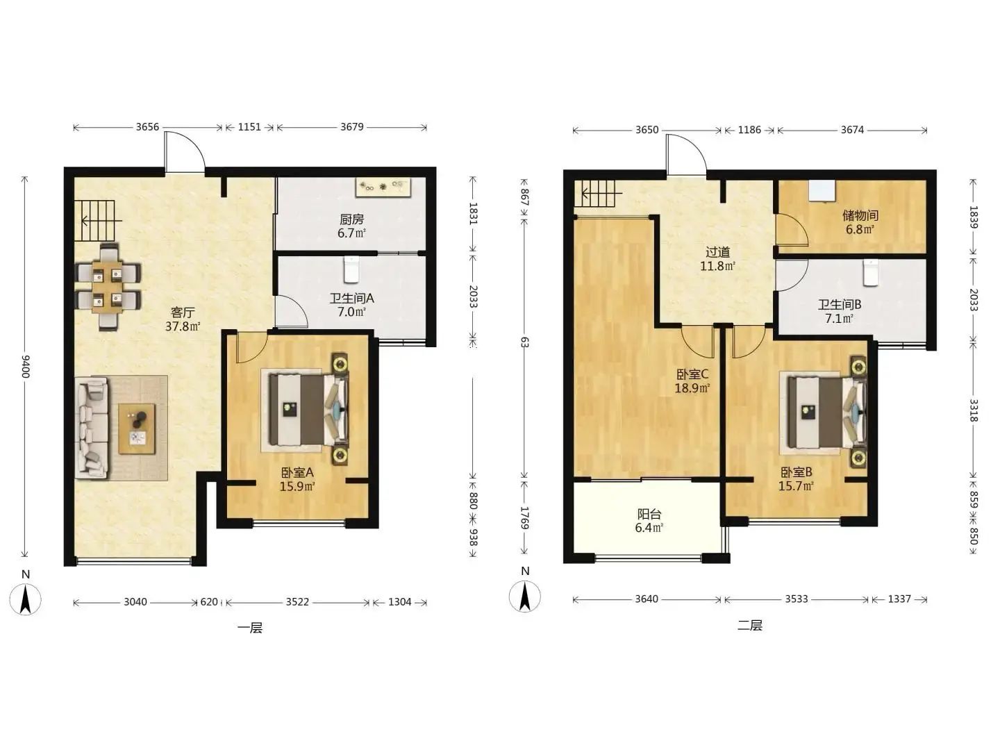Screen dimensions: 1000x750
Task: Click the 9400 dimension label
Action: [26, 366]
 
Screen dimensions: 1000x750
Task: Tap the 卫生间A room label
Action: [351, 299]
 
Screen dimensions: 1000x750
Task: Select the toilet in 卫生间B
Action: [871, 273]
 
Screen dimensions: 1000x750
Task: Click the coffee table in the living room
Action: [137, 428]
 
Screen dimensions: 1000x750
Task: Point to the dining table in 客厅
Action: [108, 286]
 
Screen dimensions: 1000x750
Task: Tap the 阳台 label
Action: [649, 514]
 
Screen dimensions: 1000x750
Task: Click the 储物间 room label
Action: [860, 215]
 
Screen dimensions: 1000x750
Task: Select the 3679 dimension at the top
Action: [351, 126]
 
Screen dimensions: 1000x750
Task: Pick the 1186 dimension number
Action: [749, 130]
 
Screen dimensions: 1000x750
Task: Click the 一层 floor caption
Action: [250, 628]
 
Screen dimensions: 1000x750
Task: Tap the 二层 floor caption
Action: [750, 625]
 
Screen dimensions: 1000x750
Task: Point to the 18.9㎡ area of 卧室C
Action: [692, 388]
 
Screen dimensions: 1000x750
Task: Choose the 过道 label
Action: [717, 252]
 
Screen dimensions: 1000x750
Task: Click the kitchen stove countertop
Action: [383, 187]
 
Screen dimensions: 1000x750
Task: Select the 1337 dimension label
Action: [899, 599]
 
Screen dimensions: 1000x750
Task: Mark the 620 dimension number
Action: [209, 602]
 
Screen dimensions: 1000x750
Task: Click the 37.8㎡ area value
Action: [183, 326]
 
